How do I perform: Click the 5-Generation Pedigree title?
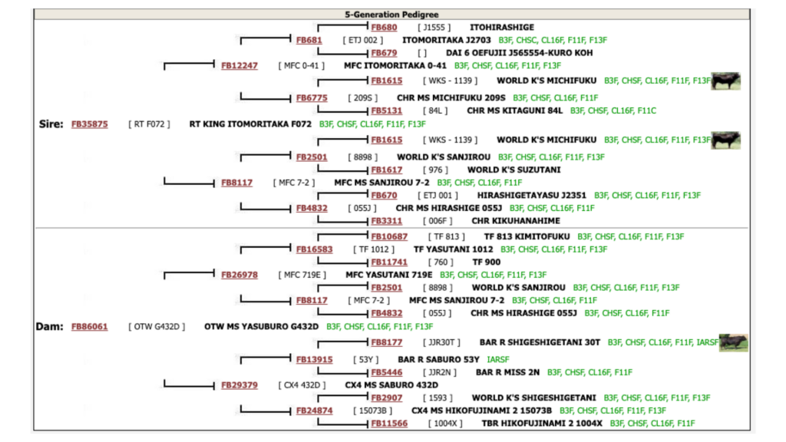[391, 15]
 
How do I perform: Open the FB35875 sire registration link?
[89, 124]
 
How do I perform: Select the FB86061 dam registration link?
[89, 326]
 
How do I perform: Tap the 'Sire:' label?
[51, 124]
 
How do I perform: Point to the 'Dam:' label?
[49, 326]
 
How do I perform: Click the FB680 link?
[384, 27]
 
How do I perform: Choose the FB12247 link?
[239, 66]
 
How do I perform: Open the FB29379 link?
[239, 385]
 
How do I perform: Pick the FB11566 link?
[389, 424]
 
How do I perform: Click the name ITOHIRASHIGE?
[502, 27]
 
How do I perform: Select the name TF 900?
[486, 262]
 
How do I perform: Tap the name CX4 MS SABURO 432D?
[391, 385]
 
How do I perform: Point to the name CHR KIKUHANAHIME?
[516, 220]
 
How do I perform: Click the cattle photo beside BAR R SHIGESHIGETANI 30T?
[733, 342]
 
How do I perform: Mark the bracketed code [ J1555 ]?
[434, 27]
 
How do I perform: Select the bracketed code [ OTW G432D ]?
[157, 326]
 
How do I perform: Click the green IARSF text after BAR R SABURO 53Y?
[497, 359]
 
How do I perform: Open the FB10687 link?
[389, 236]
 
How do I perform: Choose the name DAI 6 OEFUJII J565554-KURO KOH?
[520, 53]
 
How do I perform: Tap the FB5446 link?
[387, 372]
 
